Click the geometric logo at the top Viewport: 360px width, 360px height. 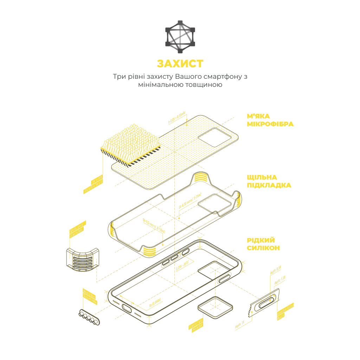(180, 37)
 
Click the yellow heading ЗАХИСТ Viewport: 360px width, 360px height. (180, 64)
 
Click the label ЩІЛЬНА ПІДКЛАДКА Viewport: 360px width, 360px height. (269, 181)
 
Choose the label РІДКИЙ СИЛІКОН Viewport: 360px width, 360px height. (263, 244)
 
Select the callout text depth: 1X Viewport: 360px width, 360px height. (240, 325)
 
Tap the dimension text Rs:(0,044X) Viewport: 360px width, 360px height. (155, 302)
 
